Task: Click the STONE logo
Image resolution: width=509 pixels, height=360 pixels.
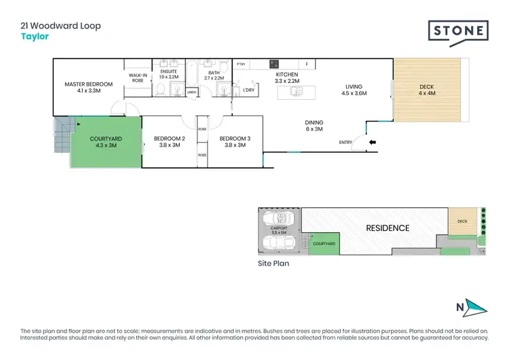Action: tap(458, 31)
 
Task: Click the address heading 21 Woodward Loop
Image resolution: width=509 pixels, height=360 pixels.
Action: tap(60, 26)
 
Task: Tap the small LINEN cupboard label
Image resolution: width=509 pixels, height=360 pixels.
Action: tap(192, 92)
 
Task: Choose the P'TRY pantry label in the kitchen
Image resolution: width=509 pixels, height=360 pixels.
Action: tap(240, 65)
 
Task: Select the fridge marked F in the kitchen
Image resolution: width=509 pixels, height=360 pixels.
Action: tap(307, 65)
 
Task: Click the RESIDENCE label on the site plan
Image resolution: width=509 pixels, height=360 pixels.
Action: tap(388, 228)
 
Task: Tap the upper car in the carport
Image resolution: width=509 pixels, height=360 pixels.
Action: tap(279, 219)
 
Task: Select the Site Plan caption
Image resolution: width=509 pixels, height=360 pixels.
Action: tap(273, 263)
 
